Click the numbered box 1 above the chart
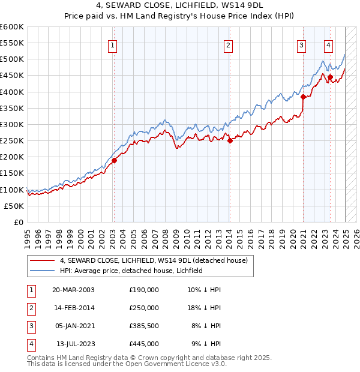click(113, 44)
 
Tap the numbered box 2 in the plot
click(229, 44)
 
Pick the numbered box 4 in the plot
click(329, 44)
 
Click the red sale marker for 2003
click(114, 160)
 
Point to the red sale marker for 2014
click(230, 141)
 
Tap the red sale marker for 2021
click(304, 97)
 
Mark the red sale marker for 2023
click(331, 77)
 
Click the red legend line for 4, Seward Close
click(42, 260)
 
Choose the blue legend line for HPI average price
click(42, 271)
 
